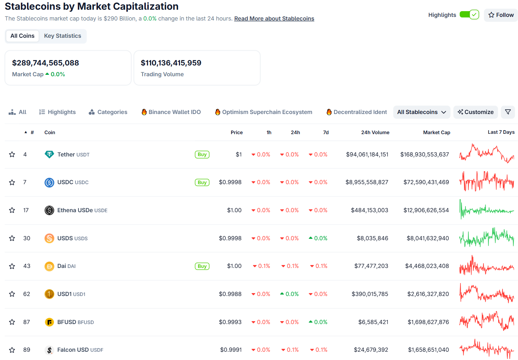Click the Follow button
(x=501, y=15)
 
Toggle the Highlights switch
(x=469, y=15)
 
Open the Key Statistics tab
(x=63, y=36)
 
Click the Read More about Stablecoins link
(x=274, y=19)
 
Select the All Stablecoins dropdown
(x=422, y=112)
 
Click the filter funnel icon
(x=508, y=112)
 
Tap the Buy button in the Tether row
(x=202, y=155)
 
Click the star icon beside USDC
(x=12, y=182)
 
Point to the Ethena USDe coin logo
(x=49, y=210)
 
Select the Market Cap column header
(x=436, y=132)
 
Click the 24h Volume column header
(x=375, y=132)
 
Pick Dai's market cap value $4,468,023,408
(x=427, y=266)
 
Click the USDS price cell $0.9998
(x=230, y=238)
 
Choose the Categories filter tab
(x=108, y=112)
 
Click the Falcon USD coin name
(x=73, y=350)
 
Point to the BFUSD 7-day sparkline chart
(x=487, y=321)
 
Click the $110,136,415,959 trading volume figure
(x=171, y=63)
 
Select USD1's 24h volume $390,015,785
(x=370, y=294)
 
